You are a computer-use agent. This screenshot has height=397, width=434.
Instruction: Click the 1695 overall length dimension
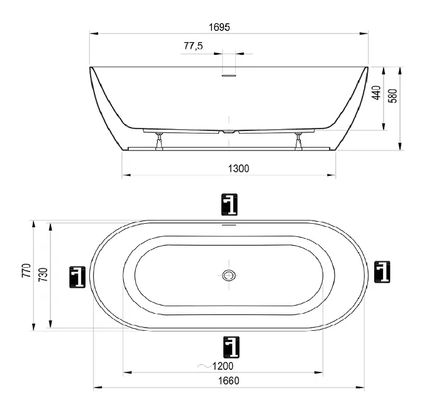click(220, 27)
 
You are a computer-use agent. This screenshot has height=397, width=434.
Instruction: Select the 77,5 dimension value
click(193, 45)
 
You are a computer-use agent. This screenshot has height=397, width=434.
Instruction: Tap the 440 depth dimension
click(376, 93)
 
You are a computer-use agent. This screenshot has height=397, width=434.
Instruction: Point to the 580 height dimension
click(392, 96)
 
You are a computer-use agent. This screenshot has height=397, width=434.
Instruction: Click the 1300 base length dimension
click(238, 168)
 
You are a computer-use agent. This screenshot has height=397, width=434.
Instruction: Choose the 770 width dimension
click(26, 270)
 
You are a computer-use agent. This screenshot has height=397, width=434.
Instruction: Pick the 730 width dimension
click(43, 275)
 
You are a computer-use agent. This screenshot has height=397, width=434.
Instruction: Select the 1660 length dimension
click(228, 381)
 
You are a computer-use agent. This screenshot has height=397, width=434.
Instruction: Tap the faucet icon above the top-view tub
click(230, 205)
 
